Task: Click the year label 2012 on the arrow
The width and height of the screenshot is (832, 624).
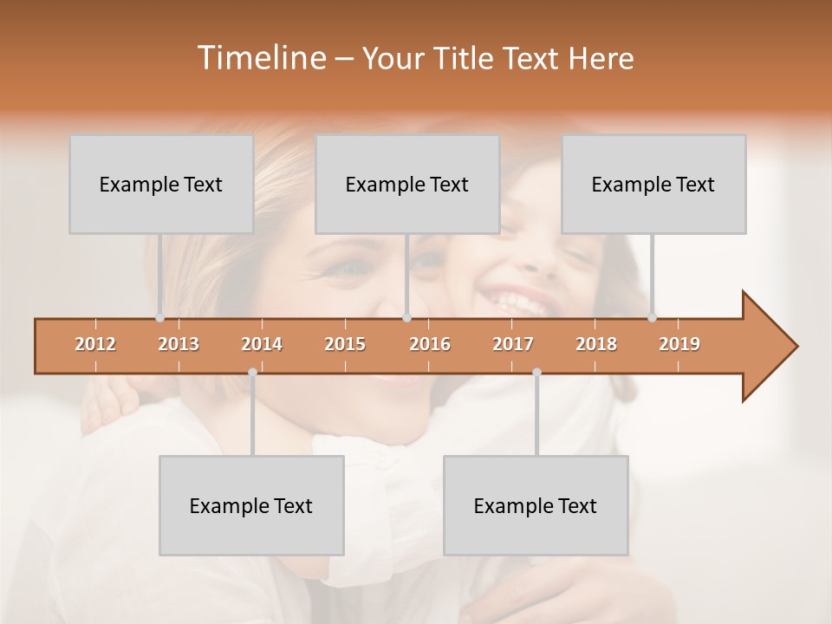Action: (95, 344)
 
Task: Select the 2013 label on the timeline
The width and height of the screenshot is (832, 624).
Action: (179, 344)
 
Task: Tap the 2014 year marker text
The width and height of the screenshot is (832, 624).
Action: (262, 344)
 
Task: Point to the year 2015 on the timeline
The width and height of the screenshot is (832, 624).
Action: (345, 344)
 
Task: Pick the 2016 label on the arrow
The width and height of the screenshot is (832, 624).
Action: (430, 344)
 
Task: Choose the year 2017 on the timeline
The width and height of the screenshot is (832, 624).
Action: (513, 344)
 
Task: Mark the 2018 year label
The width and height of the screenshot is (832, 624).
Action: (596, 344)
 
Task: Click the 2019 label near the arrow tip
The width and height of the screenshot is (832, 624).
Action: (679, 344)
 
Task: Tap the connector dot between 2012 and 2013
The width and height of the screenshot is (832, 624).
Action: (159, 318)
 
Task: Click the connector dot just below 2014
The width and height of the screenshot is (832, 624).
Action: (252, 372)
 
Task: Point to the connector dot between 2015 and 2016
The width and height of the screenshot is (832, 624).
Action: (406, 318)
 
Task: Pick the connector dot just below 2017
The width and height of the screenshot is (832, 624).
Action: (536, 372)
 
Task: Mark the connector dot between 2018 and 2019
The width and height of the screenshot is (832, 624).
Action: (652, 318)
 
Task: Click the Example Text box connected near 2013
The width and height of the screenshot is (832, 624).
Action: (161, 184)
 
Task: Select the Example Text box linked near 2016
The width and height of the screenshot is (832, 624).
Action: (407, 184)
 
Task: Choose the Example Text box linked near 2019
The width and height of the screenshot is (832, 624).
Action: (653, 184)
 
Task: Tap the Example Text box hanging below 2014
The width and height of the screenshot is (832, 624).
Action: (251, 505)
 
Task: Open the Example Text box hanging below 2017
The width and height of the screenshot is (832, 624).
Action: (536, 505)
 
